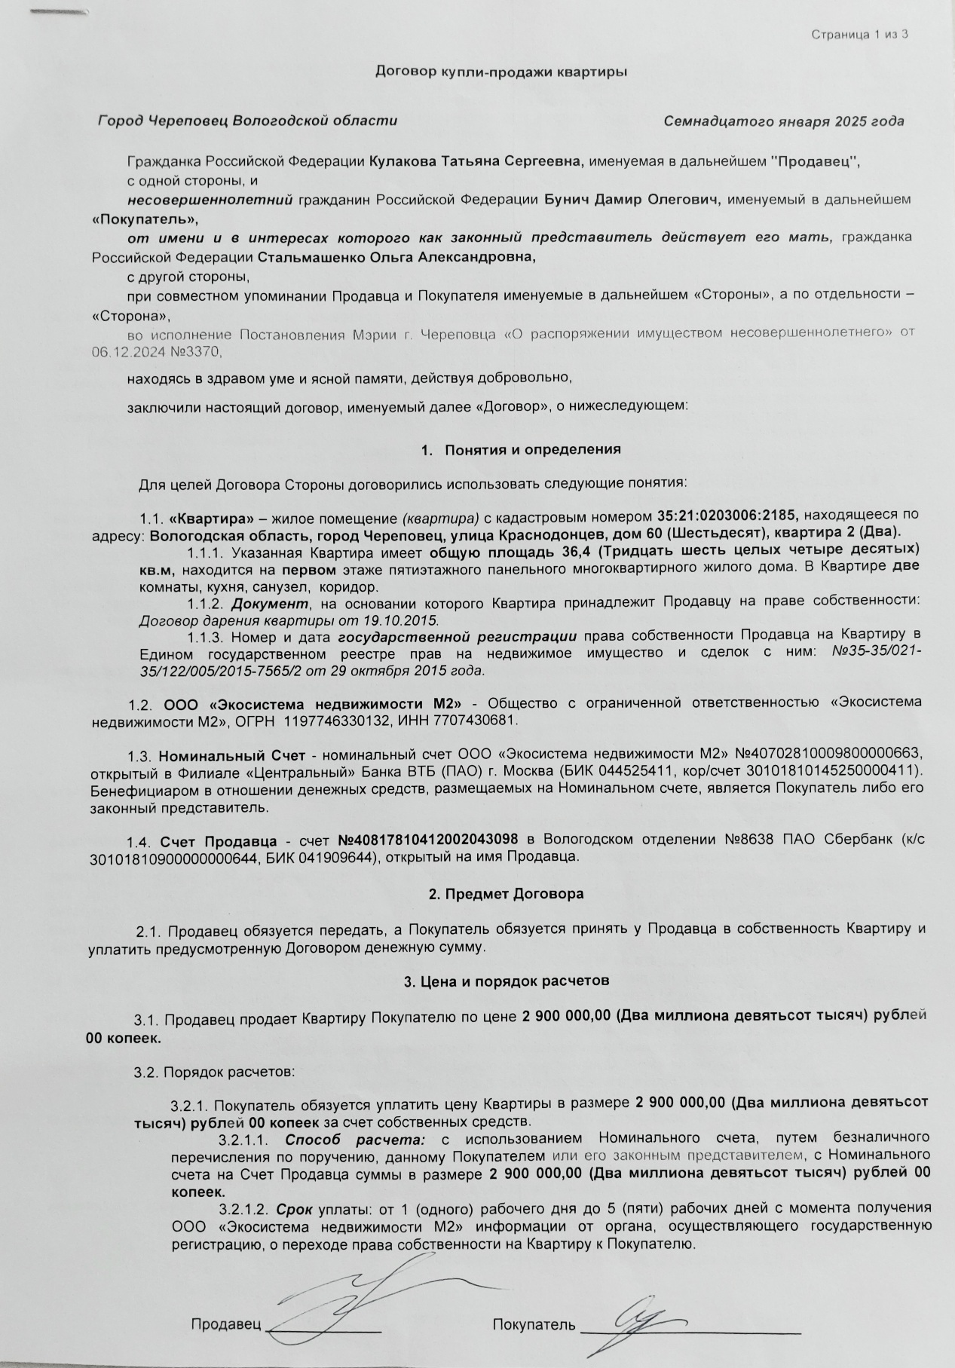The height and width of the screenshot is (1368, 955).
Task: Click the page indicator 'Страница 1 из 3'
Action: (x=859, y=35)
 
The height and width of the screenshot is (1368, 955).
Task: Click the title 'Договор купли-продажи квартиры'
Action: (x=501, y=72)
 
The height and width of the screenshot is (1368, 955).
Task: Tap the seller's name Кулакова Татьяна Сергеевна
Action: (x=476, y=161)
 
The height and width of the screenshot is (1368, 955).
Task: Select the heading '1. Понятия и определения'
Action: (x=522, y=449)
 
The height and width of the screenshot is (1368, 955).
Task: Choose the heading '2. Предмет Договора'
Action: (x=506, y=895)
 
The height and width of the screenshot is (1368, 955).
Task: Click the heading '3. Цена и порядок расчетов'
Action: (x=507, y=981)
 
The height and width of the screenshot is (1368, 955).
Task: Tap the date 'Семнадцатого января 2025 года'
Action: (x=784, y=121)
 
